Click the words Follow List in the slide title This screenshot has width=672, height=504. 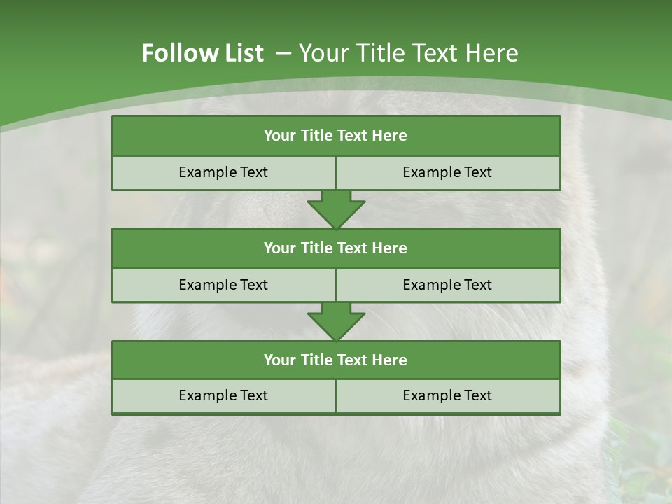tap(202, 53)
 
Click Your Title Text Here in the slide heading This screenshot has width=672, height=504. tap(408, 53)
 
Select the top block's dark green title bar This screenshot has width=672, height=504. tap(336, 136)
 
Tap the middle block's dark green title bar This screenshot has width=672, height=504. tap(336, 248)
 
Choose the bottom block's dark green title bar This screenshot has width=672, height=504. tap(336, 360)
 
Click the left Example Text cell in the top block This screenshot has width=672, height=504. tap(223, 172)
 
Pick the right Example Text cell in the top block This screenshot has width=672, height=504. tap(447, 172)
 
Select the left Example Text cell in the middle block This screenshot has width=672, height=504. tap(223, 285)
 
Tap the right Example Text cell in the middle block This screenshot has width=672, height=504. tap(447, 285)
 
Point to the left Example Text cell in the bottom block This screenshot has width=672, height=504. tap(223, 395)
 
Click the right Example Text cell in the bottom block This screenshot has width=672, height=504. tap(447, 395)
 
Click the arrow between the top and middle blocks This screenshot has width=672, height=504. tap(336, 209)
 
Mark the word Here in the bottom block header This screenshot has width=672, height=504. tap(390, 360)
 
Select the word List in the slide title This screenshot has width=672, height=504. tap(243, 53)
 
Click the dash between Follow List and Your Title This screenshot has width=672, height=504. tap(283, 53)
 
